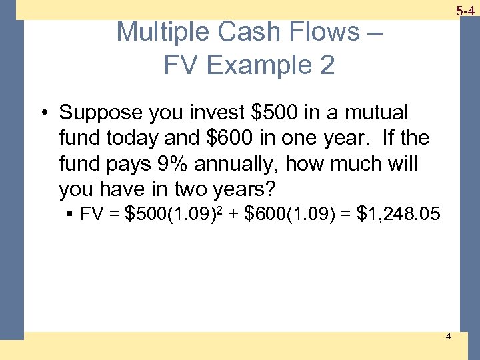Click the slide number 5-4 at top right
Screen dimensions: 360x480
(x=465, y=10)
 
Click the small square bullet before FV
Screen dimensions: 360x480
(x=69, y=215)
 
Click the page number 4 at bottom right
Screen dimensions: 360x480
(x=448, y=336)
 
